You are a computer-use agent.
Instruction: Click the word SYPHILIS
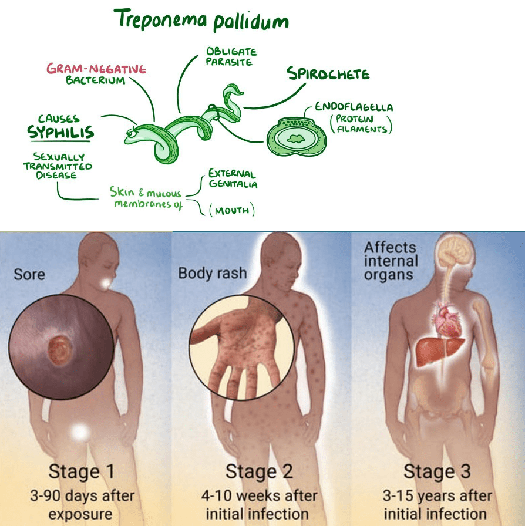click(60, 132)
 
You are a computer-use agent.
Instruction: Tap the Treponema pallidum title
click(201, 20)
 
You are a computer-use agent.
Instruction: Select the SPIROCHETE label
click(328, 73)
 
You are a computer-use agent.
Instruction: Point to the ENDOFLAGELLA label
click(354, 107)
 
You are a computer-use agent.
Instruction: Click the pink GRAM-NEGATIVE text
click(96, 69)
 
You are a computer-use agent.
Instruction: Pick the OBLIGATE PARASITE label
click(231, 57)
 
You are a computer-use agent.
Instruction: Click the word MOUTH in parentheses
click(232, 211)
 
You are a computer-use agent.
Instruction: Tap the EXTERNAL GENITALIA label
click(233, 178)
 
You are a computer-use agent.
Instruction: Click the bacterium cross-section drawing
click(297, 137)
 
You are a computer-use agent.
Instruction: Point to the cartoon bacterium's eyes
click(132, 132)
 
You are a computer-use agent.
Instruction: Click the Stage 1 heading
click(81, 471)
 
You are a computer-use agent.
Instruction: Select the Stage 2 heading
click(259, 471)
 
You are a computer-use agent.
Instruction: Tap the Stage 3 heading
click(437, 471)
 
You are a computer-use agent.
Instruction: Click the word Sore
click(29, 274)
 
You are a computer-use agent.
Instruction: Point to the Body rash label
click(213, 273)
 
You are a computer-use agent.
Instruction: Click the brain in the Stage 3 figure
click(456, 252)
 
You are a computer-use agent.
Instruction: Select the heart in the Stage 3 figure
click(446, 319)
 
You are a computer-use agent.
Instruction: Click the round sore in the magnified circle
click(60, 350)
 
